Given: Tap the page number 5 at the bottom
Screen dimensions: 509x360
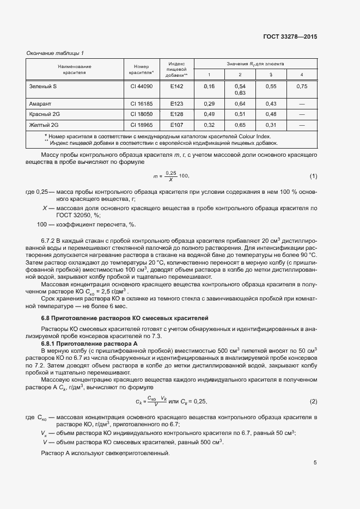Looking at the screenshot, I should tap(315, 463).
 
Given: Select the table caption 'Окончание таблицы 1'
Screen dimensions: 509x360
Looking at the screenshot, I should tap(55, 53).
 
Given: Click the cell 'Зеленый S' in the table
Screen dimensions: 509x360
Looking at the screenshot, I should tap(42, 87).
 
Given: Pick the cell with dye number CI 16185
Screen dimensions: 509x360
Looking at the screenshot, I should tap(141, 103).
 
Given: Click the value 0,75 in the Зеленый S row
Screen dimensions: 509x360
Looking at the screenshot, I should tap(302, 87).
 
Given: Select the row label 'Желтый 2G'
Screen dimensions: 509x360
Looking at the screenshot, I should tap(43, 125).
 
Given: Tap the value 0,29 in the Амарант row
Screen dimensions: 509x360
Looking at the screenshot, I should tap(209, 103).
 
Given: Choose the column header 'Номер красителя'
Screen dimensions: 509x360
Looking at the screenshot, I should tap(141, 70).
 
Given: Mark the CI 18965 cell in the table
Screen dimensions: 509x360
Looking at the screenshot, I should tap(141, 125).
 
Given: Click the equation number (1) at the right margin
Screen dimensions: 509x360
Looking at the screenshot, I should tap(313, 176).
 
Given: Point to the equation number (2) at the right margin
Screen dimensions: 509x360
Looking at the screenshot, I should tap(313, 401).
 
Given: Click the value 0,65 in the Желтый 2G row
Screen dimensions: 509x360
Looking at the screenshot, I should tap(240, 125).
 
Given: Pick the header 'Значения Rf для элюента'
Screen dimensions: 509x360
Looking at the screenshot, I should tap(255, 64).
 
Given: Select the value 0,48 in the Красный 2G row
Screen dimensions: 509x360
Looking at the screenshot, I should tap(271, 114).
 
